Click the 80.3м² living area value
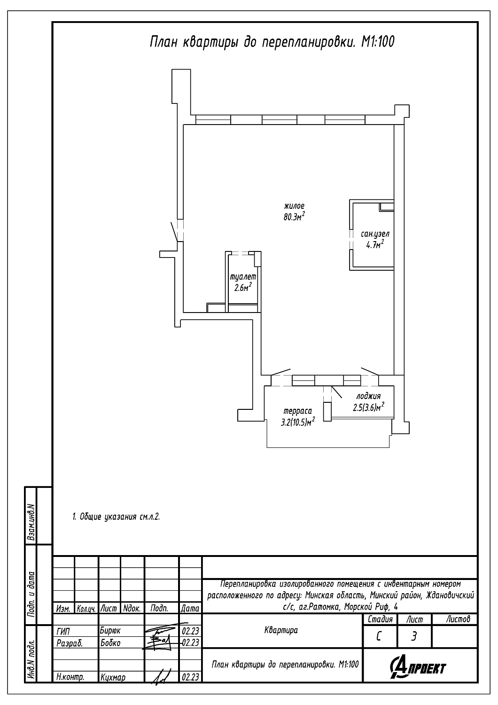tap(295, 216)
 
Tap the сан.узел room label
tap(375, 234)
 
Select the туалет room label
tap(243, 277)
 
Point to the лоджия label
tap(368, 396)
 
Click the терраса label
tap(297, 411)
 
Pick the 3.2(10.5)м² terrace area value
tap(298, 422)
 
